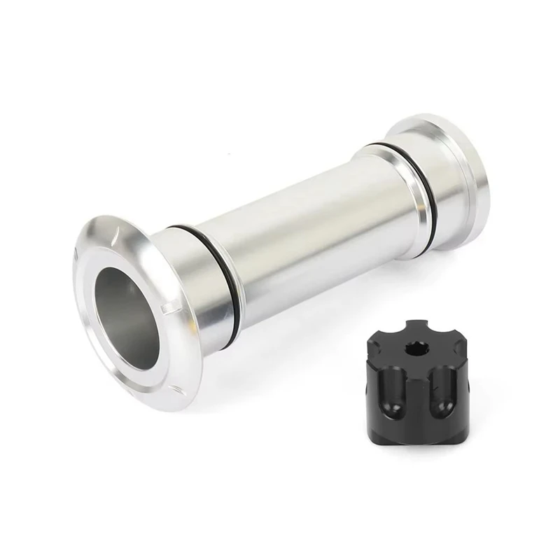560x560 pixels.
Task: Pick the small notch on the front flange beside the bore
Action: [166, 309]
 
